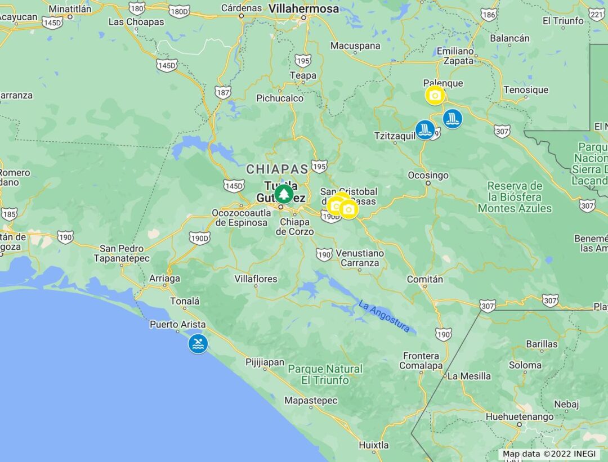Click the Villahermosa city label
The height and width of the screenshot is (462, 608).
[304, 9]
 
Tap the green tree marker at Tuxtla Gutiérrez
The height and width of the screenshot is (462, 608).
[284, 194]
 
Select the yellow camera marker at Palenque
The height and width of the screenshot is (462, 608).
[435, 96]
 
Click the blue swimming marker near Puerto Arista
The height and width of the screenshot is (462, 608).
[198, 344]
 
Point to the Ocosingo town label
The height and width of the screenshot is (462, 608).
[428, 175]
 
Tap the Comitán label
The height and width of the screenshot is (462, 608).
[424, 279]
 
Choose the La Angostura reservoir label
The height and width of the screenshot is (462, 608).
[384, 316]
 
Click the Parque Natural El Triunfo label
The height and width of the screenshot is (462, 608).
[325, 375]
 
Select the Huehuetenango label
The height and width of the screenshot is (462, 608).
[519, 417]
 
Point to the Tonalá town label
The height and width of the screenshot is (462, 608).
[185, 301]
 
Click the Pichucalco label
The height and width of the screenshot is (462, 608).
[280, 98]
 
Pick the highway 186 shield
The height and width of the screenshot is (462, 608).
[489, 15]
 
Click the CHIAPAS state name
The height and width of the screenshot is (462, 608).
[277, 169]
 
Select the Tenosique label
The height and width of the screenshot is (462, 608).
[525, 90]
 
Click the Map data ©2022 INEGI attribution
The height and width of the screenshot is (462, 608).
[549, 454]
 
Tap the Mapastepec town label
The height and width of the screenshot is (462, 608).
[311, 401]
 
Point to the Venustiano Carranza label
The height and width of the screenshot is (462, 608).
[360, 258]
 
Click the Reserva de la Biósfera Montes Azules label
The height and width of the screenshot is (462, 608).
[515, 197]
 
